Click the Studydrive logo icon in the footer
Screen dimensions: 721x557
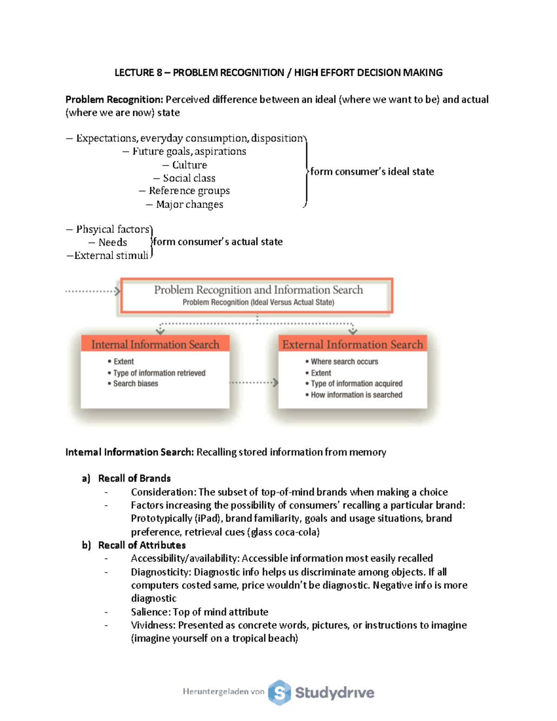pyautogui.click(x=279, y=693)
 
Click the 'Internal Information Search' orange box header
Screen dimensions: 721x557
pyautogui.click(x=155, y=344)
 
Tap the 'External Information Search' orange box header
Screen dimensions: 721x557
pyautogui.click(x=352, y=344)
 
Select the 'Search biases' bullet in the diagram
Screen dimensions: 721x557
pyautogui.click(x=135, y=383)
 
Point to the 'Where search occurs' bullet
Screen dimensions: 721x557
pyautogui.click(x=344, y=362)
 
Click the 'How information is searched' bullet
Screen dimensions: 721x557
pyautogui.click(x=356, y=395)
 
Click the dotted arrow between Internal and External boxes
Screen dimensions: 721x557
pyautogui.click(x=254, y=383)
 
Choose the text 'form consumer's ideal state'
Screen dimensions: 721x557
pyautogui.click(x=372, y=171)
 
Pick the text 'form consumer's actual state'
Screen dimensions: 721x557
pyautogui.click(x=218, y=241)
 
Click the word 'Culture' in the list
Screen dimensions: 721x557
pyautogui.click(x=189, y=165)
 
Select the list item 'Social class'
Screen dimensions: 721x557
pyautogui.click(x=189, y=178)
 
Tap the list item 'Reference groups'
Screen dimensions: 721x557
pyautogui.click(x=189, y=191)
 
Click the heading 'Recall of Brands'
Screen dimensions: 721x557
pyautogui.click(x=134, y=478)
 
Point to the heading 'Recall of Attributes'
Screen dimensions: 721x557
pyautogui.click(x=142, y=545)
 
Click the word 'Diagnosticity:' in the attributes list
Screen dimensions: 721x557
pyautogui.click(x=161, y=572)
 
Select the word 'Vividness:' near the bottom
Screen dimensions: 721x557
pyautogui.click(x=153, y=625)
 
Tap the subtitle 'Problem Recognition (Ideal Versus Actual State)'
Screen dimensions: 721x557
pyautogui.click(x=258, y=302)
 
